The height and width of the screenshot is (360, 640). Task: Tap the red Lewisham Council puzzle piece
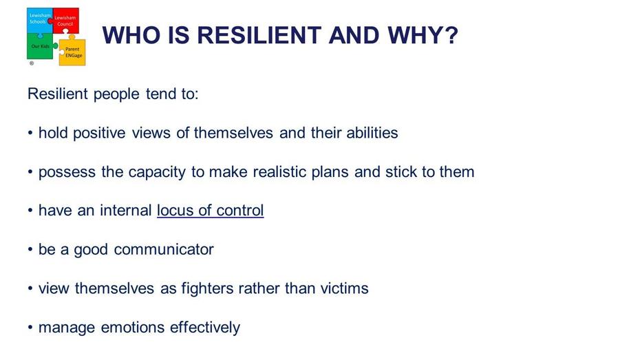tap(65, 21)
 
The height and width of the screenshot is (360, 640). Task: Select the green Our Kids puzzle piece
tap(41, 46)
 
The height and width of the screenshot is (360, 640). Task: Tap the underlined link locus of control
tap(210, 211)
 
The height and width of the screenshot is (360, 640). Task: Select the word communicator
tap(164, 249)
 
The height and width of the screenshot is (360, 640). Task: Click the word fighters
tap(207, 288)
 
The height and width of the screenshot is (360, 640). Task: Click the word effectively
tap(205, 328)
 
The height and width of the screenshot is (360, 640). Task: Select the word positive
tap(99, 133)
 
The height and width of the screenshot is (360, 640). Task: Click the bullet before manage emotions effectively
tap(30, 328)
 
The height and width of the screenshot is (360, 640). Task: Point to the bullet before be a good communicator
tap(30, 249)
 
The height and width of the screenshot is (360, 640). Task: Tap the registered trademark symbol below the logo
tap(32, 63)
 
